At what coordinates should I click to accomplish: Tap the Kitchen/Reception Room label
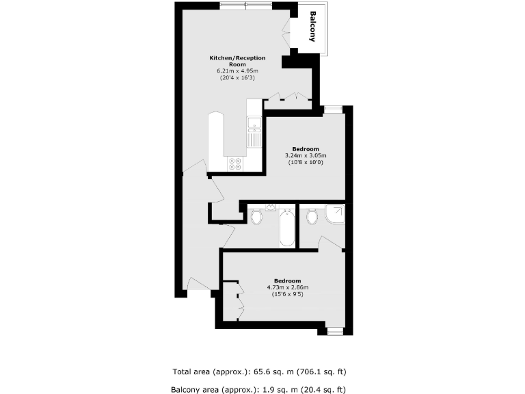click(x=237, y=61)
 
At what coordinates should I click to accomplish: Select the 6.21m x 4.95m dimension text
click(x=237, y=71)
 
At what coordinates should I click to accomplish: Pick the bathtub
click(x=288, y=229)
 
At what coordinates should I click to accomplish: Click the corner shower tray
click(x=336, y=215)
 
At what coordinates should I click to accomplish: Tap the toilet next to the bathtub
click(x=257, y=218)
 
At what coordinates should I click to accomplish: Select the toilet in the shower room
click(x=312, y=217)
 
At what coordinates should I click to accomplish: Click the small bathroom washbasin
click(x=271, y=207)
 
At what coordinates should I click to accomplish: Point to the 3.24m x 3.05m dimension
click(x=305, y=156)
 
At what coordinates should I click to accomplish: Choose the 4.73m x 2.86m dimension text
click(x=288, y=287)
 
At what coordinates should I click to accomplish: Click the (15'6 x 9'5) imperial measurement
click(x=288, y=294)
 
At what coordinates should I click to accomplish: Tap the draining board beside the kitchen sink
click(x=254, y=140)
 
